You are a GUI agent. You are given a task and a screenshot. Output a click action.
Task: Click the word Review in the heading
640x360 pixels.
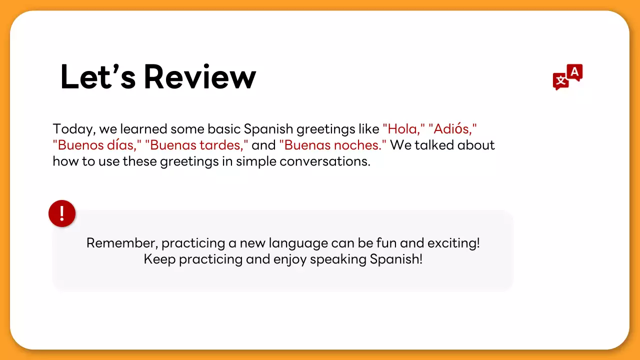pos(200,77)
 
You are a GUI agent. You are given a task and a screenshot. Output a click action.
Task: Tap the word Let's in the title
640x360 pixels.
pos(97,77)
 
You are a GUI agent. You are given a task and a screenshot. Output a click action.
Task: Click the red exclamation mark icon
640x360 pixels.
pos(62,213)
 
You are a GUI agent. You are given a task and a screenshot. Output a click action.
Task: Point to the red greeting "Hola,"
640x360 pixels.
pos(403,129)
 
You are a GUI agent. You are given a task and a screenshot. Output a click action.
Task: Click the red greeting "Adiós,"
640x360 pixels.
pos(453,129)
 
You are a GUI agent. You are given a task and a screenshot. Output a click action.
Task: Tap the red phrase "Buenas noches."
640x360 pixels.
pos(333,145)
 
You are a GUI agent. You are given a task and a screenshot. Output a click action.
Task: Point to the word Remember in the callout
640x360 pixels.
pos(122,243)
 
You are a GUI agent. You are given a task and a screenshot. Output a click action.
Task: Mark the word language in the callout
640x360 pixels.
pos(298,243)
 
